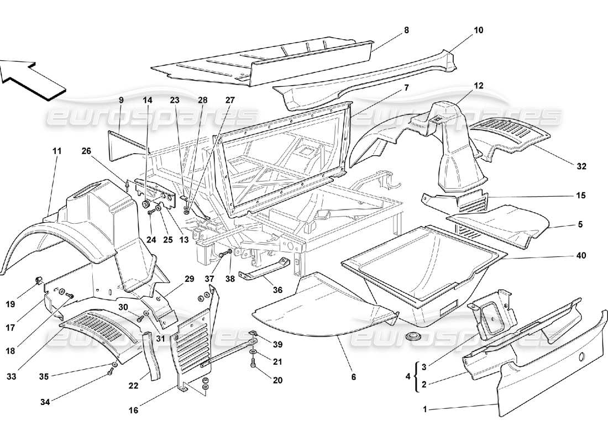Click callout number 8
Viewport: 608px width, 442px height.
pos(406,30)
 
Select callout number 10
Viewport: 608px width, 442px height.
pos(478,30)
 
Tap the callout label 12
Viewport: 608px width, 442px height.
pos(478,86)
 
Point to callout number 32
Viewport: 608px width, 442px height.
pos(580,166)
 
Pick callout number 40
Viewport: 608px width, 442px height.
pos(580,256)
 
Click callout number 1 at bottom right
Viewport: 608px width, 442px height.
pos(425,409)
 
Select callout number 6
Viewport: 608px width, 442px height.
pos(354,377)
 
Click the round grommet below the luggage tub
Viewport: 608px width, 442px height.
pos(411,336)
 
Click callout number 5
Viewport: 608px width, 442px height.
pos(580,225)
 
